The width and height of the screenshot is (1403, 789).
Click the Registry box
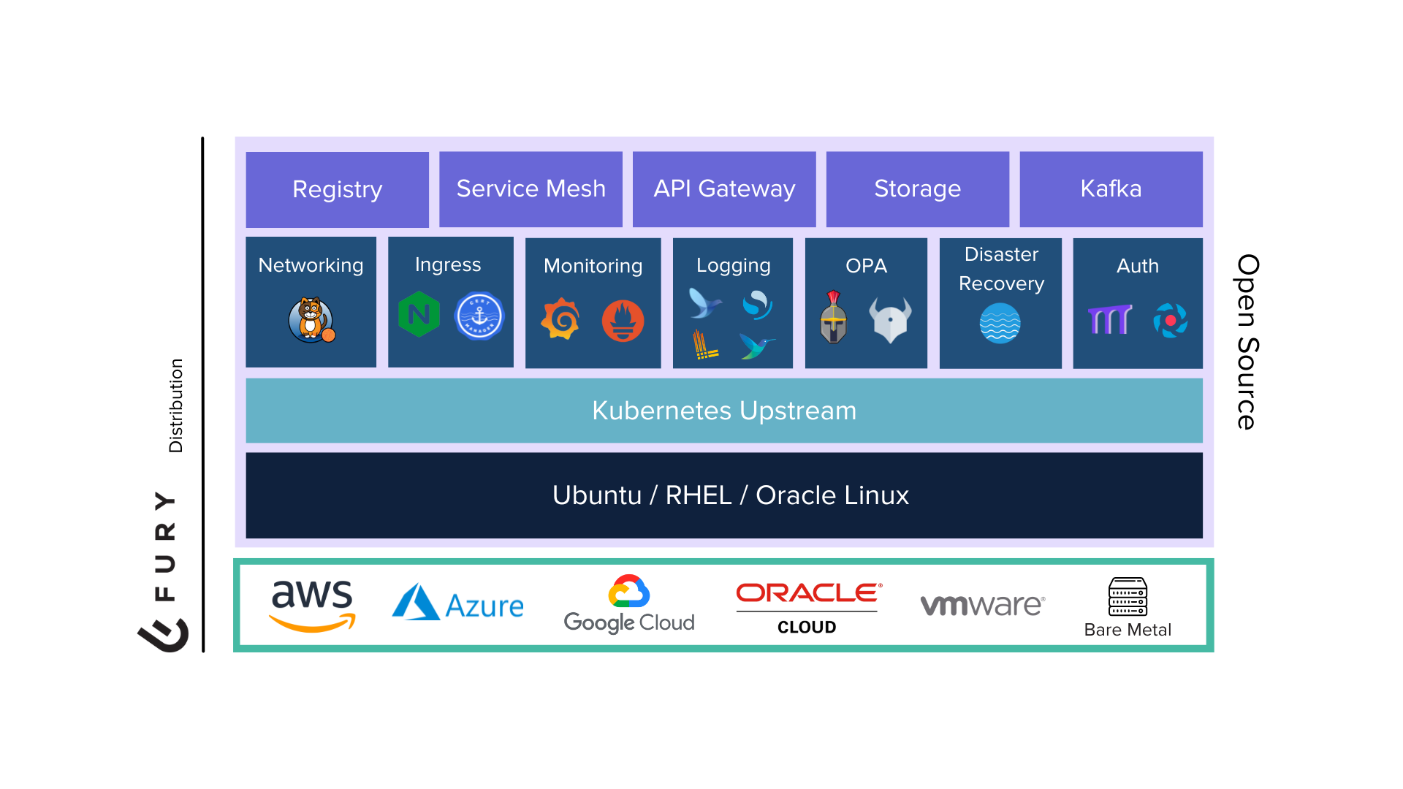coord(337,189)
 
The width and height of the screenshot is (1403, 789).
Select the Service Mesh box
coord(531,189)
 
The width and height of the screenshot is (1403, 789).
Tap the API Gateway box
coord(724,189)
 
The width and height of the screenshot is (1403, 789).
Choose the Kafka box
coord(1111,189)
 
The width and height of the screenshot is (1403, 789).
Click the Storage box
coord(917,189)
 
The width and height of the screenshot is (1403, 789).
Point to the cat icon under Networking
coord(311,320)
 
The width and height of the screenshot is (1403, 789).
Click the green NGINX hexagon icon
coord(419,315)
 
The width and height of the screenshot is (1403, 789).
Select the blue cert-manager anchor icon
coord(479,316)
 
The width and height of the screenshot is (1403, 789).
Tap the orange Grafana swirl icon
coord(560,319)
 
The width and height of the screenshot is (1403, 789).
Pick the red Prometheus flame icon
coord(623,321)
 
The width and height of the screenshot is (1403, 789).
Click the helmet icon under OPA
coord(834,318)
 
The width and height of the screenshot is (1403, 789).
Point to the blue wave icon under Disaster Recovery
coord(1000,323)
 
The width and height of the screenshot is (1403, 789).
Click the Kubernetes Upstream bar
coord(723,411)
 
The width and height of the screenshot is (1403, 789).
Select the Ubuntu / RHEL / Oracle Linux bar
coord(723,495)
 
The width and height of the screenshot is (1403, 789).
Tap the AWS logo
coord(312,605)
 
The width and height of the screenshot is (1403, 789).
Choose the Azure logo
coord(458,603)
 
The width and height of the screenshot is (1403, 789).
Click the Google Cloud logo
coord(629,605)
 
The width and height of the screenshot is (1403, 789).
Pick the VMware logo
coord(983,605)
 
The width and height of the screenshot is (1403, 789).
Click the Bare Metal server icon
coord(1128,597)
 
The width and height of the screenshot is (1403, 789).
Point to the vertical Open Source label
coord(1247,342)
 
